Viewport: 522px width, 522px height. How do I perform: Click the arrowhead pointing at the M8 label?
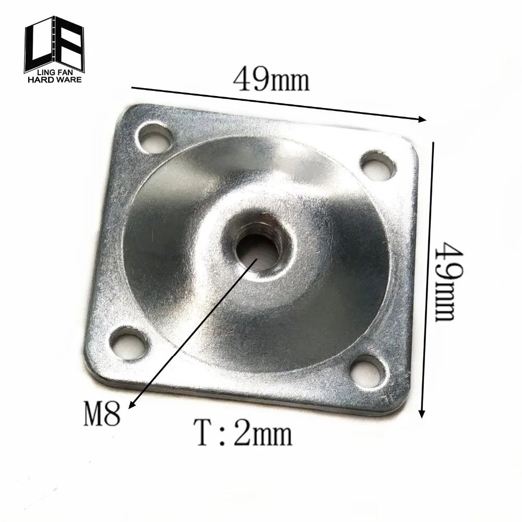click(130, 405)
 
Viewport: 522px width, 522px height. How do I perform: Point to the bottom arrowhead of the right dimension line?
click(422, 414)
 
